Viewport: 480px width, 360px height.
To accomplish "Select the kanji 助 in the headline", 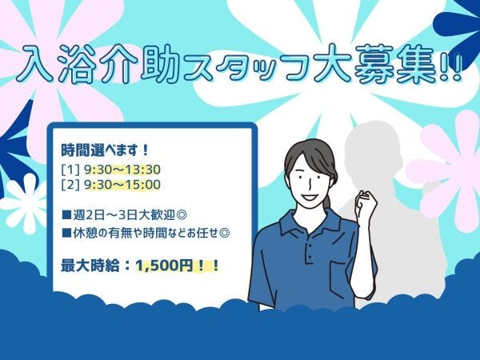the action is [x=160, y=65].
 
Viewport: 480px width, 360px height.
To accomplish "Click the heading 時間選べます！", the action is [x=105, y=150].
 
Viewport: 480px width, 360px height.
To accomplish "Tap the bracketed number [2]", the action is [x=70, y=185].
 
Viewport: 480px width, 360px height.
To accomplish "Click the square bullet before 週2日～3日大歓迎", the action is [x=66, y=215].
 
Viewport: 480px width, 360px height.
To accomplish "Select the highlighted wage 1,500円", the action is [x=164, y=266].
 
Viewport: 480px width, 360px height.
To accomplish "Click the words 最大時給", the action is [x=90, y=266].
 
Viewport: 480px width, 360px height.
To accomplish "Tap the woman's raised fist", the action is [x=366, y=202].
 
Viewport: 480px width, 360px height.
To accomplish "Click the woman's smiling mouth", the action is [x=310, y=197].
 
